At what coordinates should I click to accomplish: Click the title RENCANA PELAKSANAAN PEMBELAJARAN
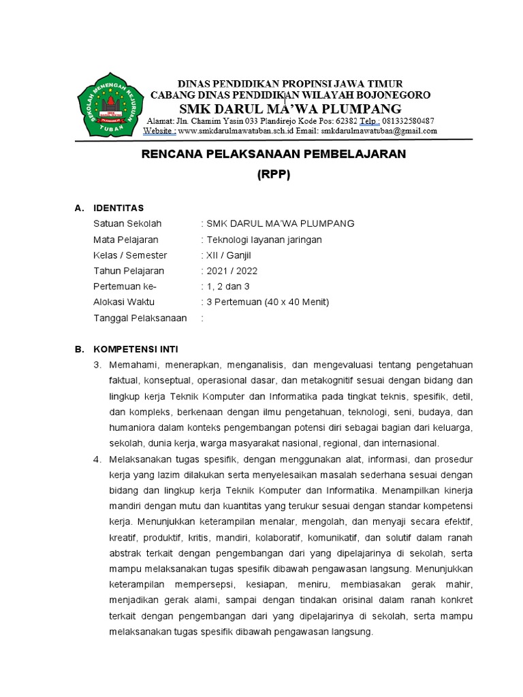(273, 154)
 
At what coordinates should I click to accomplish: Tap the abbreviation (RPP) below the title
(274, 174)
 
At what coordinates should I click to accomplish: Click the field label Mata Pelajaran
(125, 240)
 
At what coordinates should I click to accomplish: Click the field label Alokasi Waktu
(124, 302)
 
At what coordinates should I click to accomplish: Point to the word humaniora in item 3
(132, 427)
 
